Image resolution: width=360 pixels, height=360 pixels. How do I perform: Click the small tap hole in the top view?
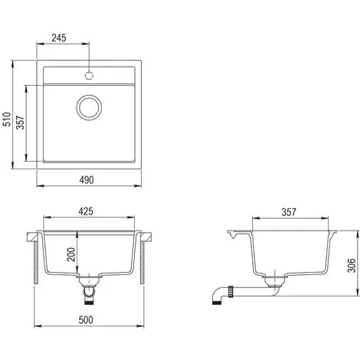[x=90, y=77]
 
